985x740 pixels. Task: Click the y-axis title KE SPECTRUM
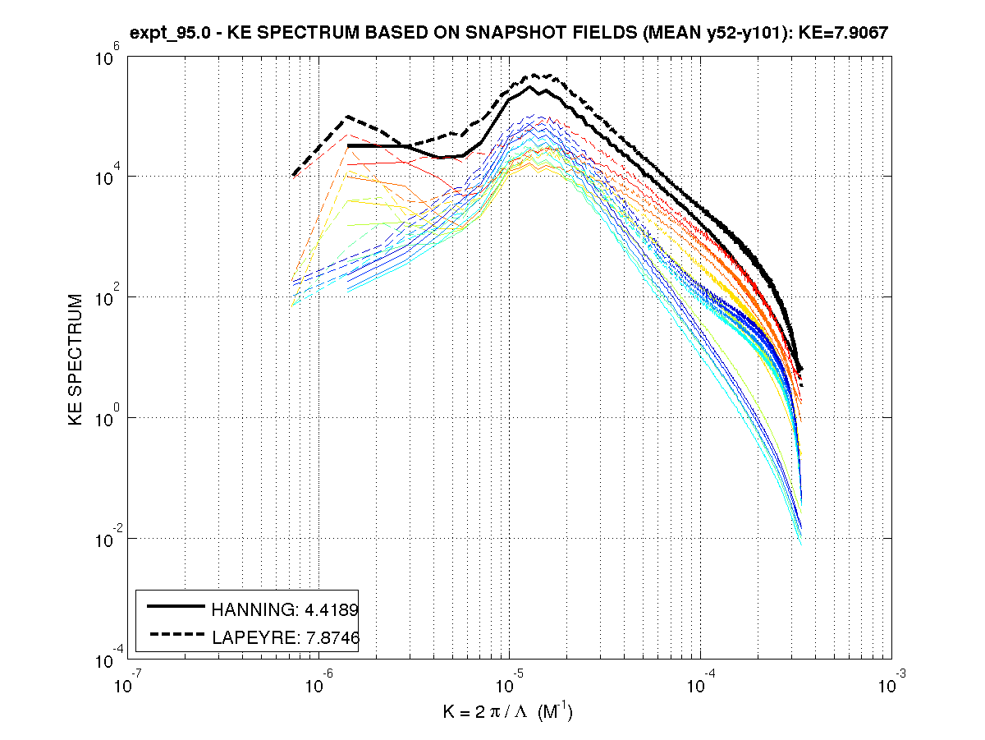click(76, 359)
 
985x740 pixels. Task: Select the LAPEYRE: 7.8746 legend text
click(286, 636)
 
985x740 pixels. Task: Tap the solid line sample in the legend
click(176, 607)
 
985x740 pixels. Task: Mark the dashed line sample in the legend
click(176, 633)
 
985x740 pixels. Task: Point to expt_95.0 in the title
click(169, 34)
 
